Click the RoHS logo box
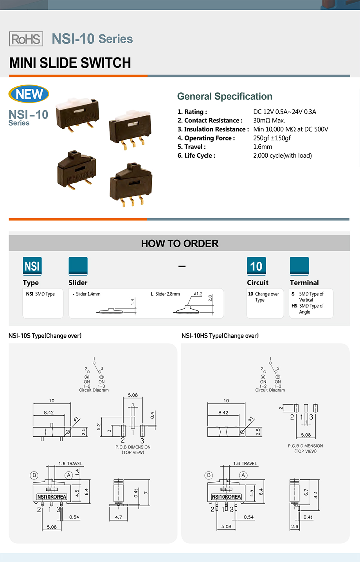tap(26, 39)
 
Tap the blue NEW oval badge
tap(29, 94)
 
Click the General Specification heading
tap(225, 96)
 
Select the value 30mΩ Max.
tap(269, 121)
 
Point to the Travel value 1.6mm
tap(263, 147)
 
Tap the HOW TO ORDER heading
tap(180, 243)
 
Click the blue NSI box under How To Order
tap(32, 266)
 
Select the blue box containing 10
tap(256, 266)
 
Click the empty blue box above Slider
tap(78, 266)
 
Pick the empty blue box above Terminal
tap(299, 266)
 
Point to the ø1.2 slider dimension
tap(198, 294)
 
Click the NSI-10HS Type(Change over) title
tap(220, 336)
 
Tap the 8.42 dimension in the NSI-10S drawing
tap(49, 412)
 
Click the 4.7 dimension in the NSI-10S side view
tap(119, 517)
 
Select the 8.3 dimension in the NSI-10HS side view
tap(315, 495)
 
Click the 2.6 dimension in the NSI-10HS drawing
tap(295, 526)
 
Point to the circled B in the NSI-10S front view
tap(34, 475)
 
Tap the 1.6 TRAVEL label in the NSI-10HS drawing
tap(245, 463)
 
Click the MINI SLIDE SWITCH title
tap(70, 63)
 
